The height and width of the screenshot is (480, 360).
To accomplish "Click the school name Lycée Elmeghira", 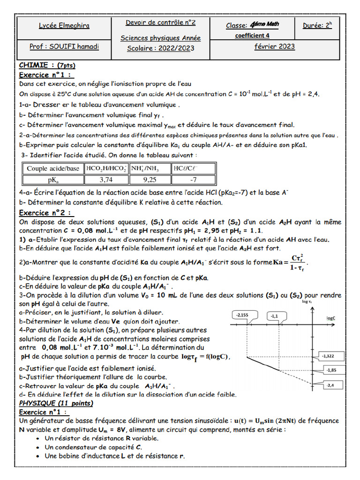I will point(64,26).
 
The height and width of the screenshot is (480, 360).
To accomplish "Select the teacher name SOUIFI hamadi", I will point(64,47).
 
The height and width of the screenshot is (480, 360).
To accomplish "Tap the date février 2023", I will point(274,46).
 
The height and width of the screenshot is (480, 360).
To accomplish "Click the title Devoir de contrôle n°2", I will point(161,22).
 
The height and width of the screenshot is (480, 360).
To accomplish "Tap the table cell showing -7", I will point(193,180).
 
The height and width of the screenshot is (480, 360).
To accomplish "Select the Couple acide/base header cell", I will point(53,169).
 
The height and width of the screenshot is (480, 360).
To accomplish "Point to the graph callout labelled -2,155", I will point(242,315).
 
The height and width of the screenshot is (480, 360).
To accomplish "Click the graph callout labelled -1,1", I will point(275,317).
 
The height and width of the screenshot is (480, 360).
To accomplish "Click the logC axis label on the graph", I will point(331,318).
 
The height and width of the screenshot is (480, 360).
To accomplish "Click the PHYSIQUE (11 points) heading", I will point(56,403).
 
